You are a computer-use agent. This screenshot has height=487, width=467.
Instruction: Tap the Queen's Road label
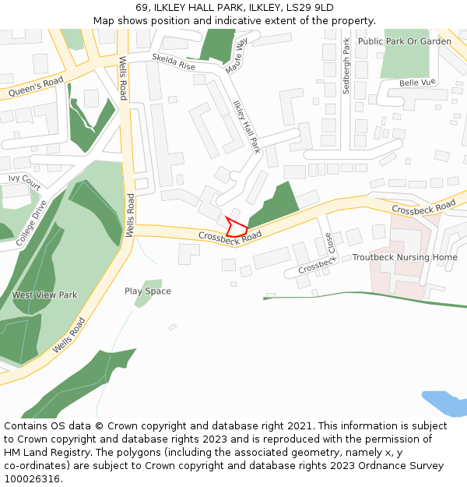(x=36, y=87)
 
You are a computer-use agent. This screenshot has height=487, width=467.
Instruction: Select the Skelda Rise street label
(x=174, y=62)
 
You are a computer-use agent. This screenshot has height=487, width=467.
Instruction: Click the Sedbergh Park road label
(x=347, y=66)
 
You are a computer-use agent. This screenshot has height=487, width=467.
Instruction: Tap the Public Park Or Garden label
(x=405, y=41)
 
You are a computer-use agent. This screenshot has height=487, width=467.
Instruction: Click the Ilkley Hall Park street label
(x=247, y=126)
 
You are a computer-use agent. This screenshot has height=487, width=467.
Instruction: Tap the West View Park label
(x=44, y=295)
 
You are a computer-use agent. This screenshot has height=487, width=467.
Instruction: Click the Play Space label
(x=148, y=291)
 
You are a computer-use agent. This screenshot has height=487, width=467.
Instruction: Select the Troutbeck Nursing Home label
(x=405, y=257)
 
